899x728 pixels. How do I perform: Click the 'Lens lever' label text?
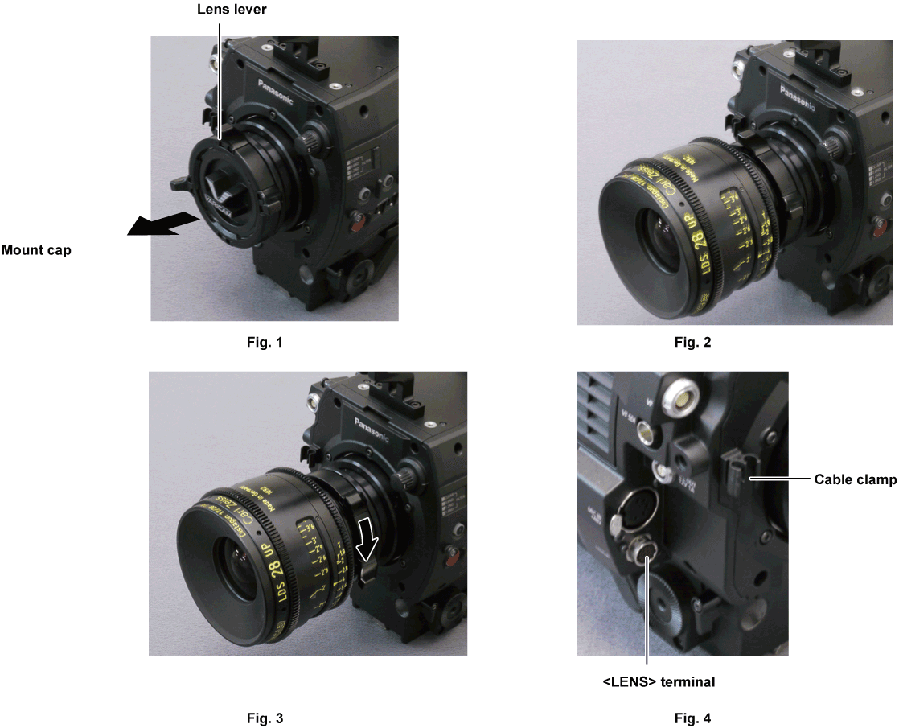click(x=220, y=10)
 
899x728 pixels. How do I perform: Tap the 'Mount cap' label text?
click(x=36, y=250)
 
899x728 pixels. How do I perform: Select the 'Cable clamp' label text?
click(x=855, y=479)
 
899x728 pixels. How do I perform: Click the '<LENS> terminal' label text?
click(x=659, y=682)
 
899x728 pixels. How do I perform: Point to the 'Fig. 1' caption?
click(x=265, y=343)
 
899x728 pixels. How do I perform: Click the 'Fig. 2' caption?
click(x=692, y=343)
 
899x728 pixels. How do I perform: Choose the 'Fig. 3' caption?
click(x=265, y=718)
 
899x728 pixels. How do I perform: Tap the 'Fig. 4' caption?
click(x=692, y=718)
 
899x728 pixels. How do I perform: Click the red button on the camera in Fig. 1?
click(x=353, y=220)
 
